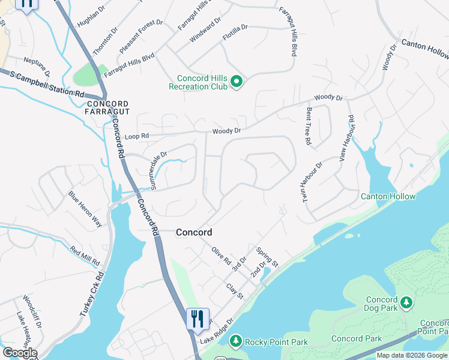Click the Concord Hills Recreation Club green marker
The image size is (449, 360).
click(236, 82)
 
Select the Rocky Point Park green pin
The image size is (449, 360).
click(235, 341)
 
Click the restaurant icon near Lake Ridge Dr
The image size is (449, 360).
click(197, 318)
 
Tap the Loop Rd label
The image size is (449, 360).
click(136, 136)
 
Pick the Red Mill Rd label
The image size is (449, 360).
click(85, 257)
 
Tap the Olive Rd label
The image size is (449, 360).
click(220, 256)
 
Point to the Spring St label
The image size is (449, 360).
click(267, 257)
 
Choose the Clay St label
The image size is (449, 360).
click(235, 292)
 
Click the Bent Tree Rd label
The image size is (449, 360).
click(309, 126)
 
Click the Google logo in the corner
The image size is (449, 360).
click(19, 353)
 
